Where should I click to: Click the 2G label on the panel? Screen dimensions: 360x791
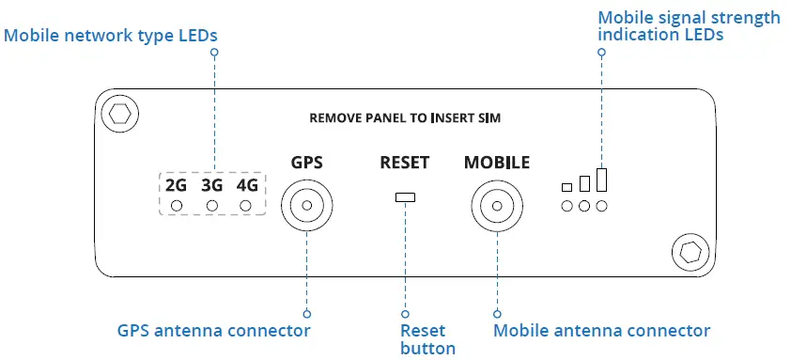[x=176, y=184]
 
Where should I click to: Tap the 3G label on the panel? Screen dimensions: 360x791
[x=211, y=184]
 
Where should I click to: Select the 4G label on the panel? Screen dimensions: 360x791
[x=247, y=184]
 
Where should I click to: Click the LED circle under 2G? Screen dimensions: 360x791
[x=177, y=206]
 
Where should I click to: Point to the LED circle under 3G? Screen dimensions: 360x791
[x=212, y=206]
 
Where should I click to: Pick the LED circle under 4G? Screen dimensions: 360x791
[x=247, y=206]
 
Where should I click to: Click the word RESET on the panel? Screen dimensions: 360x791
[x=405, y=163]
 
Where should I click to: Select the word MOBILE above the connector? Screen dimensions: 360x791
[x=497, y=163]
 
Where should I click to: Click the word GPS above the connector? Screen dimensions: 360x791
[x=307, y=163]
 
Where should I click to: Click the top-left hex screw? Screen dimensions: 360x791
[x=118, y=115]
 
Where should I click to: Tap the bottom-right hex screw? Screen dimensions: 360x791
[x=688, y=251]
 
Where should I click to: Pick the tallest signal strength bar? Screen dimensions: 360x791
[x=601, y=180]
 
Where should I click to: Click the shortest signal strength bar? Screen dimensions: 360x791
[x=566, y=186]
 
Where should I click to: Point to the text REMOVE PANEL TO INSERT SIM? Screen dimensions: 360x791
[x=404, y=118]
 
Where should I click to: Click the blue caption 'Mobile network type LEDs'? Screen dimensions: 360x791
[x=111, y=36]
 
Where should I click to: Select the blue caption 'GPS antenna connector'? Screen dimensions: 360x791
[x=213, y=331]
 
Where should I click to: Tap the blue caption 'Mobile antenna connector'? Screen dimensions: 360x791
[x=601, y=331]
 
